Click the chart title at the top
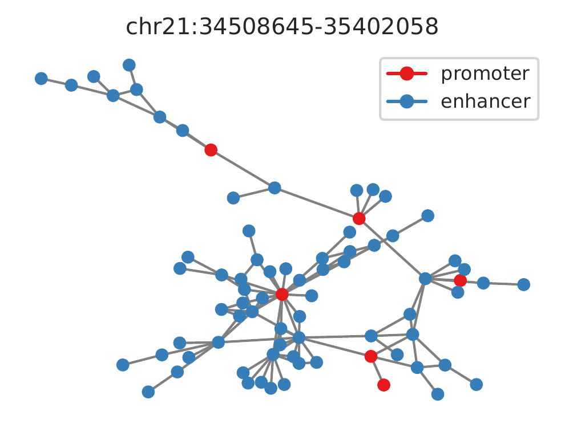(x=282, y=27)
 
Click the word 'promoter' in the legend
(x=485, y=74)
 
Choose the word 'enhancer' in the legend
(x=486, y=101)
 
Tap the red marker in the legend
(x=406, y=74)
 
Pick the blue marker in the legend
(x=406, y=102)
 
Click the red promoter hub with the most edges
(x=282, y=294)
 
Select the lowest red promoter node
(x=384, y=385)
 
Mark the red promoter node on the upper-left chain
(x=211, y=150)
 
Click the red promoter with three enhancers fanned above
(x=359, y=218)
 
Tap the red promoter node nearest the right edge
(x=460, y=280)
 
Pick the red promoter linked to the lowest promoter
(x=371, y=356)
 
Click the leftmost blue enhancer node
(x=41, y=78)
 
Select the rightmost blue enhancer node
(x=524, y=284)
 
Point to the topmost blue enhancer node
(x=129, y=65)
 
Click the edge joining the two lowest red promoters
(x=377, y=371)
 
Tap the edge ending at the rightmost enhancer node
(x=503, y=283)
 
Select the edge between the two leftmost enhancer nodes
(x=56, y=81)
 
